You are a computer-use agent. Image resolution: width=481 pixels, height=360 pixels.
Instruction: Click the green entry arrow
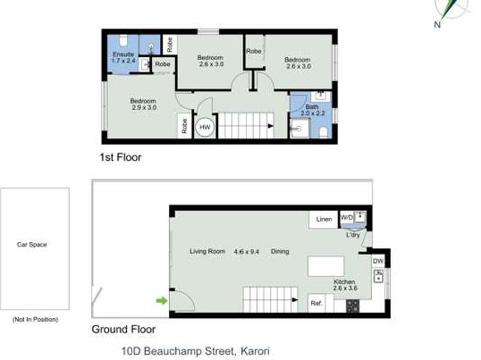(161, 301)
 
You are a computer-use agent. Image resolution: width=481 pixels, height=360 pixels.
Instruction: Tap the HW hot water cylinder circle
(204, 128)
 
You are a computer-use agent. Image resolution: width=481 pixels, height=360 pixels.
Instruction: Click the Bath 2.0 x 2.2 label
(312, 110)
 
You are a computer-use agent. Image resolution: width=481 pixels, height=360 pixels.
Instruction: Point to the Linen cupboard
(324, 219)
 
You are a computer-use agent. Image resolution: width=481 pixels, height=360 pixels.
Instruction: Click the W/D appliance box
(346, 218)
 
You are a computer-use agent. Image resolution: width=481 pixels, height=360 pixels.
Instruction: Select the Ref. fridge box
(316, 303)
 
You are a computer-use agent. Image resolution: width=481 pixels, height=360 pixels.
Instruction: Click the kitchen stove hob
(352, 306)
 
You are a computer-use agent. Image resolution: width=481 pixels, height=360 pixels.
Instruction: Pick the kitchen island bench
(326, 267)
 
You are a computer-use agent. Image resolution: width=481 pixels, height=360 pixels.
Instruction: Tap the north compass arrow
(449, 11)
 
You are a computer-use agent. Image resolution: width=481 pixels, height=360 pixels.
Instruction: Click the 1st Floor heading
(120, 158)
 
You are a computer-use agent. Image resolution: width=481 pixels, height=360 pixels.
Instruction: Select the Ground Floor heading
(123, 329)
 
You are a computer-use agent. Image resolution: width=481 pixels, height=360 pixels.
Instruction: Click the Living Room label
(207, 251)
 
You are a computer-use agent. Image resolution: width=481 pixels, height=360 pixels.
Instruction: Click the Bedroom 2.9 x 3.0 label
(143, 104)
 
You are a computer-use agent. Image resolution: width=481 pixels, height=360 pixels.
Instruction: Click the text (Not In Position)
(35, 319)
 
